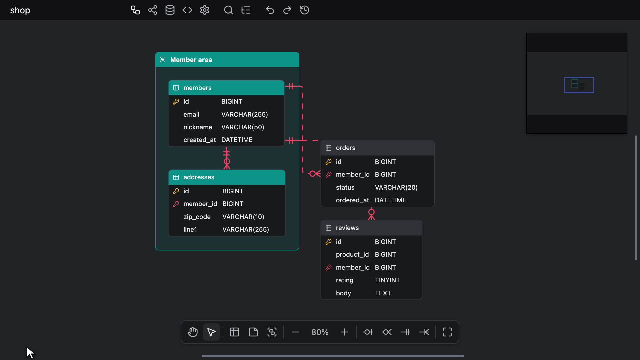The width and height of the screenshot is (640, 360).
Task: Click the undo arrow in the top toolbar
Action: click(270, 10)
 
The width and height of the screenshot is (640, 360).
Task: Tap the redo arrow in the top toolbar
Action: click(287, 10)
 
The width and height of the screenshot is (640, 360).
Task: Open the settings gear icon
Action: click(205, 10)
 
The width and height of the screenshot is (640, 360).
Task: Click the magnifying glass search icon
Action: click(228, 10)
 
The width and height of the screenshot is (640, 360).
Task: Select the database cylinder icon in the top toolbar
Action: click(170, 10)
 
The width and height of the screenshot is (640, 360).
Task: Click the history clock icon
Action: click(305, 10)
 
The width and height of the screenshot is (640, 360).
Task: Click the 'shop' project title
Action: click(20, 10)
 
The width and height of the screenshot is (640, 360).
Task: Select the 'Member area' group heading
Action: click(191, 60)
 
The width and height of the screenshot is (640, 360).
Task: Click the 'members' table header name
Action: click(197, 88)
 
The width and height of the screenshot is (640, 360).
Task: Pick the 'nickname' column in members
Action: click(198, 127)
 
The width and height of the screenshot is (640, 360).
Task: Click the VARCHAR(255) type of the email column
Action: click(245, 114)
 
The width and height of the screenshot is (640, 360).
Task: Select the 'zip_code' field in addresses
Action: click(197, 217)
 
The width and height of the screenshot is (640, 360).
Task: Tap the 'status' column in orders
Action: click(345, 187)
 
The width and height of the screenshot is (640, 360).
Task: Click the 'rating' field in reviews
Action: click(344, 280)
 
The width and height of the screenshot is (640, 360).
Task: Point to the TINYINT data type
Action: click(387, 280)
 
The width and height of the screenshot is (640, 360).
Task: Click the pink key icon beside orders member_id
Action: click(328, 174)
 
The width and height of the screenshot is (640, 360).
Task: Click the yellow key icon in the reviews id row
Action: click(328, 242)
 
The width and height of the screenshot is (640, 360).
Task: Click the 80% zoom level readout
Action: click(320, 332)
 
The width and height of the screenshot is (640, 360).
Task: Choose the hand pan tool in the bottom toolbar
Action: click(193, 332)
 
